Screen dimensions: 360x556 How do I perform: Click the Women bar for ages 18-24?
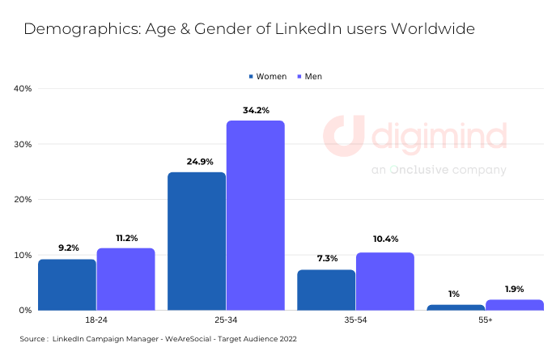[x=67, y=284]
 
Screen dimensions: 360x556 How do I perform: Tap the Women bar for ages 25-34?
[x=197, y=241]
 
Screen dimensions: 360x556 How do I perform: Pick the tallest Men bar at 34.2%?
[x=255, y=215]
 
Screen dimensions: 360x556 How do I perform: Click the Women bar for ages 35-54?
[x=326, y=290]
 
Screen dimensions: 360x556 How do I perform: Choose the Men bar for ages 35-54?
[x=384, y=281]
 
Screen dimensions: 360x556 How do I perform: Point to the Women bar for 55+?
[x=456, y=307]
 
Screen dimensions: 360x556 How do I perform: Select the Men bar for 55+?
[x=514, y=304]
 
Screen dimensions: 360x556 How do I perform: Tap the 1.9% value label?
[x=514, y=288]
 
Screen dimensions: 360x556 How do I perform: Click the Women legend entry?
[x=267, y=76]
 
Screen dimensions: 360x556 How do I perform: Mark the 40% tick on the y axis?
[x=22, y=88]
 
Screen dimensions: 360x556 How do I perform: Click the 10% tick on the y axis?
[x=22, y=255]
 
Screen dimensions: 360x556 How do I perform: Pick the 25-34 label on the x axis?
[x=226, y=321]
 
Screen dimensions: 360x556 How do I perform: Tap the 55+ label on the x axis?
[x=485, y=321]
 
